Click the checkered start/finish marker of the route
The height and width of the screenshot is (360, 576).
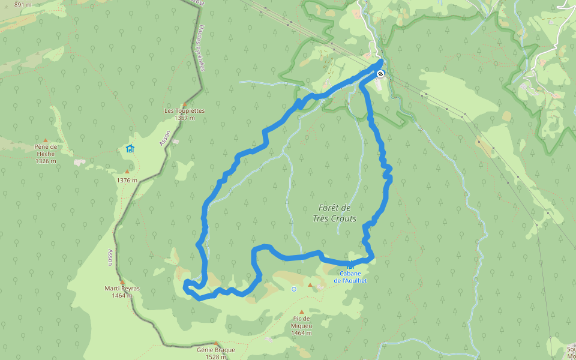pos(380,74)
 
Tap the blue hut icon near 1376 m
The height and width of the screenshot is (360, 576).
pos(130,148)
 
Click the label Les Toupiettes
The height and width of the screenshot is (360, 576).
pos(185,111)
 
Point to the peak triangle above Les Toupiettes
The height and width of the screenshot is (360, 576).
pos(185,103)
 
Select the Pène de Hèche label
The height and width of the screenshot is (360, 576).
pos(46,150)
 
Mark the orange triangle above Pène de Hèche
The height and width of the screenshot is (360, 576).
pos(45,140)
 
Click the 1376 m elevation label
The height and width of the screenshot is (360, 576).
pos(127,180)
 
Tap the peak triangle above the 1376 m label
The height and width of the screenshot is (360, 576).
pos(127,172)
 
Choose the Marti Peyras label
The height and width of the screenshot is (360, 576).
pos(122,289)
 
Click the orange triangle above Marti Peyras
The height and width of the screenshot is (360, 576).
pos(122,281)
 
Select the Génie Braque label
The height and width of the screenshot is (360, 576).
pos(216,350)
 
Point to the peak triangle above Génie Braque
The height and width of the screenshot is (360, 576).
pos(216,343)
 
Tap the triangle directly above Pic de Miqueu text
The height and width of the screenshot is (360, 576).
pos(310,285)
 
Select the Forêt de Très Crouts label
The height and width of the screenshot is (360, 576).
pos(335,213)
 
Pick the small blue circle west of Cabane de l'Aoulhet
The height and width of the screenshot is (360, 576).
pos(294,289)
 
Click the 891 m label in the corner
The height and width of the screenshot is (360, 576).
pos(23,4)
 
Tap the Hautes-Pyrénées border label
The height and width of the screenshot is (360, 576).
pos(201,49)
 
